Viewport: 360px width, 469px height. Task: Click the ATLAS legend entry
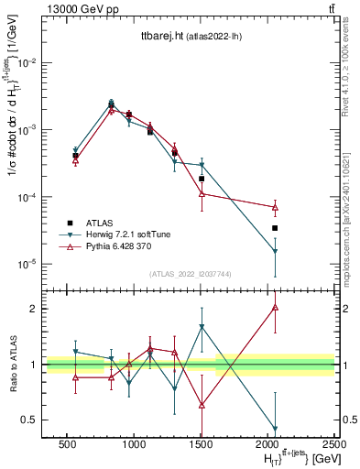100,223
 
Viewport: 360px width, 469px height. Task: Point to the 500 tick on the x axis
67,442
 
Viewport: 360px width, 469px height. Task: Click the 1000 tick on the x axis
134,442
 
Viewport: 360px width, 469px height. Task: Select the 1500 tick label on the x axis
202,442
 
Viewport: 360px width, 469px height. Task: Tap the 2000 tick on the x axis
268,442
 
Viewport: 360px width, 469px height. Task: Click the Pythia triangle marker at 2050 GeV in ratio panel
275,308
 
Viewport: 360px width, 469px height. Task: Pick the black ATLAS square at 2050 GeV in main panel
275,228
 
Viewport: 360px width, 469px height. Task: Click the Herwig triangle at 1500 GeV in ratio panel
202,327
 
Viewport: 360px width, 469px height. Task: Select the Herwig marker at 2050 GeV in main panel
275,252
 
